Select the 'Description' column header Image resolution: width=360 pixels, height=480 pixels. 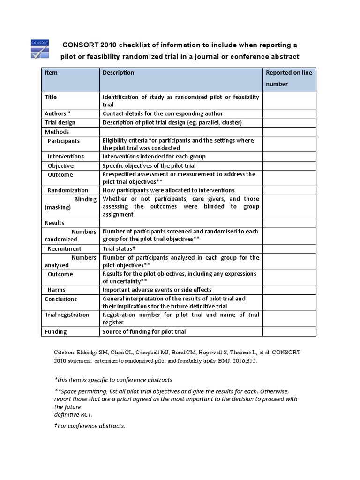[118, 73]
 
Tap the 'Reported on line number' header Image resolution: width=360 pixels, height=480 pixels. [289, 78]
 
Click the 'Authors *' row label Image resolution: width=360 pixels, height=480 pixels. [58, 113]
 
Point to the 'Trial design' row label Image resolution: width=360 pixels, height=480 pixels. [60, 122]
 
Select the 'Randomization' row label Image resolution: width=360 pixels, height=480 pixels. [67, 190]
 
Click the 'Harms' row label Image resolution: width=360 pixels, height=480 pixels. [56, 290]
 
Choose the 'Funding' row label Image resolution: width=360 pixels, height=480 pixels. [56, 331]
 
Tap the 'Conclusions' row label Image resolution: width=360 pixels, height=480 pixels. [61, 299]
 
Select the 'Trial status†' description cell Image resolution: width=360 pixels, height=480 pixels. [119, 248]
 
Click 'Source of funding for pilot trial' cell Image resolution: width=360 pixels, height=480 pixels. [144, 331]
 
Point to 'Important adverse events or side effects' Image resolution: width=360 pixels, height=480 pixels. [157, 290]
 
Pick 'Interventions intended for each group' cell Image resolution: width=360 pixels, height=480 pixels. [154, 156]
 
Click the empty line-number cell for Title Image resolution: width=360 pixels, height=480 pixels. [289, 101]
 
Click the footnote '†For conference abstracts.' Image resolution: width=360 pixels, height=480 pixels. [90, 426]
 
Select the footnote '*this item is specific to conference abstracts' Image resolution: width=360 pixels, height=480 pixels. [113, 380]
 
